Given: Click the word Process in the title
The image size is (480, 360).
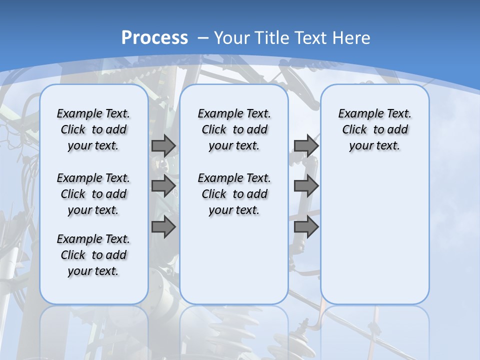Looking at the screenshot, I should pos(154,38).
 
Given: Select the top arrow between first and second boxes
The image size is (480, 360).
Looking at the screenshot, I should pos(163,145).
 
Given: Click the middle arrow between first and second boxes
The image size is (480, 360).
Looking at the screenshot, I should pos(163,186).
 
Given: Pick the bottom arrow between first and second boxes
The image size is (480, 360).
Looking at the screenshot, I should pos(163,227).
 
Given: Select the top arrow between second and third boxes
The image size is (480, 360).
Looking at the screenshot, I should pos(306,145).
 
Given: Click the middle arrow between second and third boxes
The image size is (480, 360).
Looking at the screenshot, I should pos(306,186).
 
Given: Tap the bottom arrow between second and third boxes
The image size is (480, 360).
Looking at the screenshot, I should pos(306,227).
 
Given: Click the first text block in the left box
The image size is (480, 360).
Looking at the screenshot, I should pos(93,129).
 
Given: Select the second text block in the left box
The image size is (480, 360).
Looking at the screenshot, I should pos(93,194).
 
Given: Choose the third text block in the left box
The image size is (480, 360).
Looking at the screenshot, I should pos(93,255).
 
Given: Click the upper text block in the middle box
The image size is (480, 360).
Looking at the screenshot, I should pos(234,129).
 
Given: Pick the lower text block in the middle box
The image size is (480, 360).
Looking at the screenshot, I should pos(234,194).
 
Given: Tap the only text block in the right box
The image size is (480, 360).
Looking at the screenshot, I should pos(374,129).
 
